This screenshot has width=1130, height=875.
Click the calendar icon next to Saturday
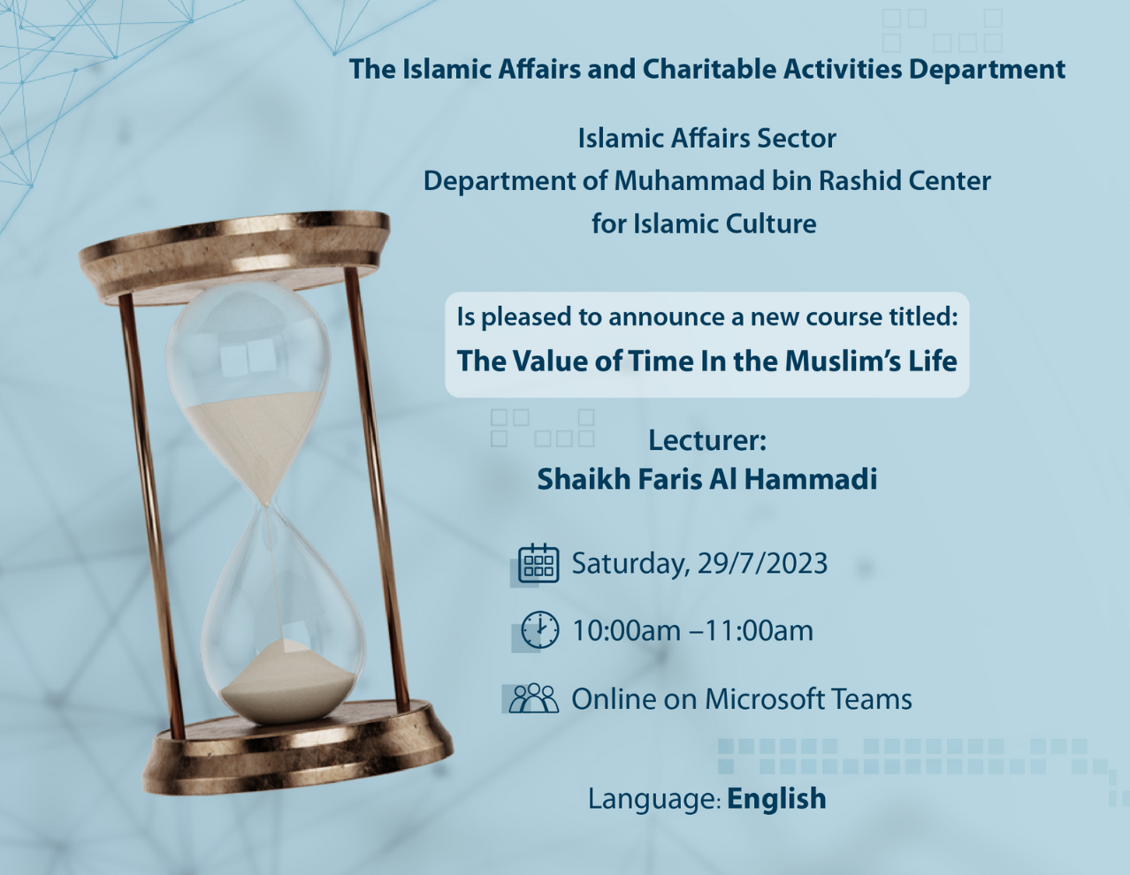click(x=538, y=564)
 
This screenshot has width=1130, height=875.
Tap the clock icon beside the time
click(x=538, y=630)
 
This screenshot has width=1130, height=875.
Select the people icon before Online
click(x=533, y=698)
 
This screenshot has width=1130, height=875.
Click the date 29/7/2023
click(x=762, y=564)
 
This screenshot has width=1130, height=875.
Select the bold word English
click(x=776, y=798)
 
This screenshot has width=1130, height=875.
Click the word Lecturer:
click(x=706, y=440)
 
